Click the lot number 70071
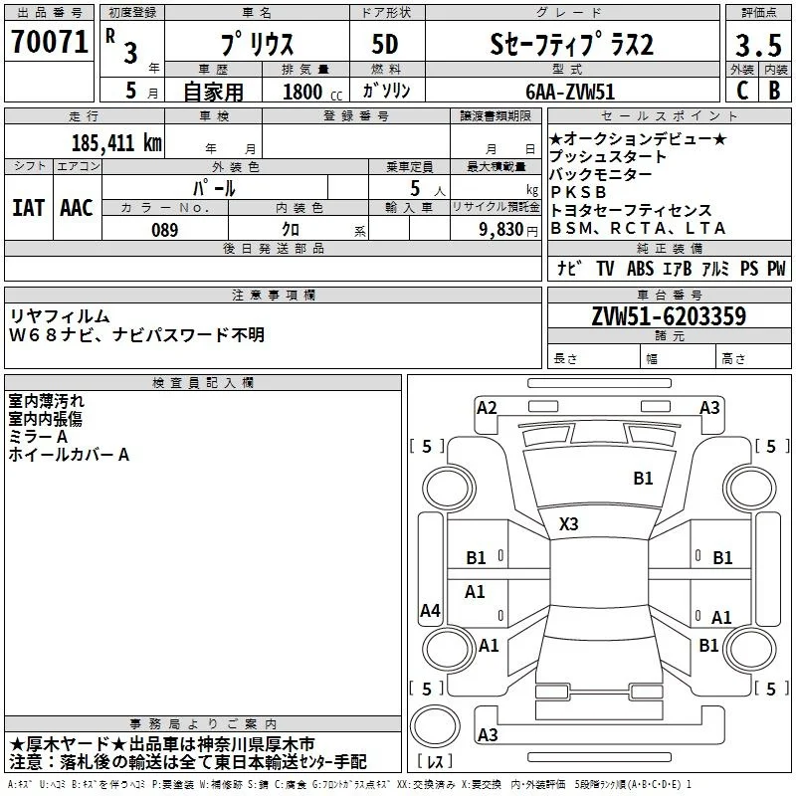[x=49, y=42]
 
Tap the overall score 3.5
[x=758, y=45]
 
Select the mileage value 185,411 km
[x=116, y=143]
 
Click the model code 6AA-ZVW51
[x=570, y=92]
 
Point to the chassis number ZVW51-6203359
[x=669, y=316]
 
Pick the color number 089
[x=165, y=230]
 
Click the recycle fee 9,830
[x=501, y=230]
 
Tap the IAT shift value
[x=29, y=208]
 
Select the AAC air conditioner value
[x=77, y=208]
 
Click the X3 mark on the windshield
[x=568, y=523]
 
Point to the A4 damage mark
[x=430, y=610]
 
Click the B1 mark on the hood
[x=643, y=478]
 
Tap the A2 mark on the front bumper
[x=487, y=408]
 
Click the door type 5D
[x=385, y=45]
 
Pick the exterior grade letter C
[x=742, y=91]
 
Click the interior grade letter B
[x=775, y=91]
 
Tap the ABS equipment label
[x=640, y=268]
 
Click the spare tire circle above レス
[x=435, y=726]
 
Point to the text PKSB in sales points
[x=579, y=192]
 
